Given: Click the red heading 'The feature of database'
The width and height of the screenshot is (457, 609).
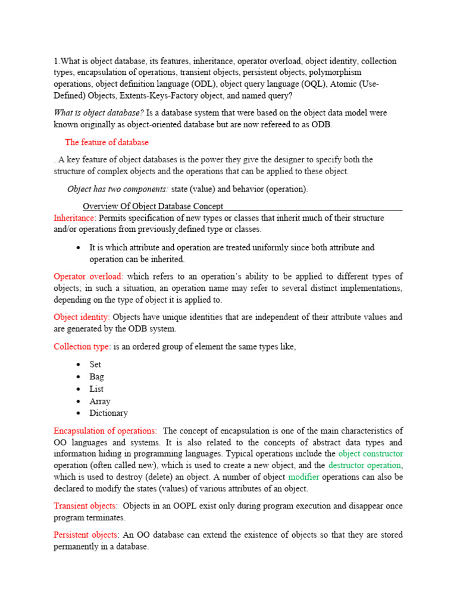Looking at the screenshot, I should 107,143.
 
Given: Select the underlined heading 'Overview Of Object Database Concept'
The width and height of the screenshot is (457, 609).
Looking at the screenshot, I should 153,206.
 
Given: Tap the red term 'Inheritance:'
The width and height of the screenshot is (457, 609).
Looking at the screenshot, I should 74,218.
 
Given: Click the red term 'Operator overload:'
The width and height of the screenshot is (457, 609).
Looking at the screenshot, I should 88,277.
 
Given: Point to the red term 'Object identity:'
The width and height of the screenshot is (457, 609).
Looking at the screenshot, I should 82,317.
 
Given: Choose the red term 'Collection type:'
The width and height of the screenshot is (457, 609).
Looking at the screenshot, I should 82,347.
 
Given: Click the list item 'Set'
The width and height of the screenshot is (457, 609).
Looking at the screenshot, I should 95,365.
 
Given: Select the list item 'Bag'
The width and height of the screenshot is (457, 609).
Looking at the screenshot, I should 96,377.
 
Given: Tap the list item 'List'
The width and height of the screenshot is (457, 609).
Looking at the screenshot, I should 96,389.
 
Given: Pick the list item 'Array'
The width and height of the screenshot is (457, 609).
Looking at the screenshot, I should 99,401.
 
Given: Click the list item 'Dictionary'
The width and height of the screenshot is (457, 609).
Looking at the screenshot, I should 108,413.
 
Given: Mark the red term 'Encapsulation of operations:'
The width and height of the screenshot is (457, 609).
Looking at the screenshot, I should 105,431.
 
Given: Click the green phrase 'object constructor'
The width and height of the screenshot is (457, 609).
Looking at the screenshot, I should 371,454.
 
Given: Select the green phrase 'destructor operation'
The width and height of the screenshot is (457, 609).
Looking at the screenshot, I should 365,466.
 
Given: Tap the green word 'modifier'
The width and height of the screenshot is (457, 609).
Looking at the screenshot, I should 303,478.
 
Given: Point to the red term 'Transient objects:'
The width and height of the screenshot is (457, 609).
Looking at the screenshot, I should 85,506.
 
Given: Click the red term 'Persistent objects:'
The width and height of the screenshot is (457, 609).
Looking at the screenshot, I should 86,535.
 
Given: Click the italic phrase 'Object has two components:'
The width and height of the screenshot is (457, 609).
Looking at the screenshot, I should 118,189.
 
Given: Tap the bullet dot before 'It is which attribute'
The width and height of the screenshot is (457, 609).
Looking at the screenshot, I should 80,247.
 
